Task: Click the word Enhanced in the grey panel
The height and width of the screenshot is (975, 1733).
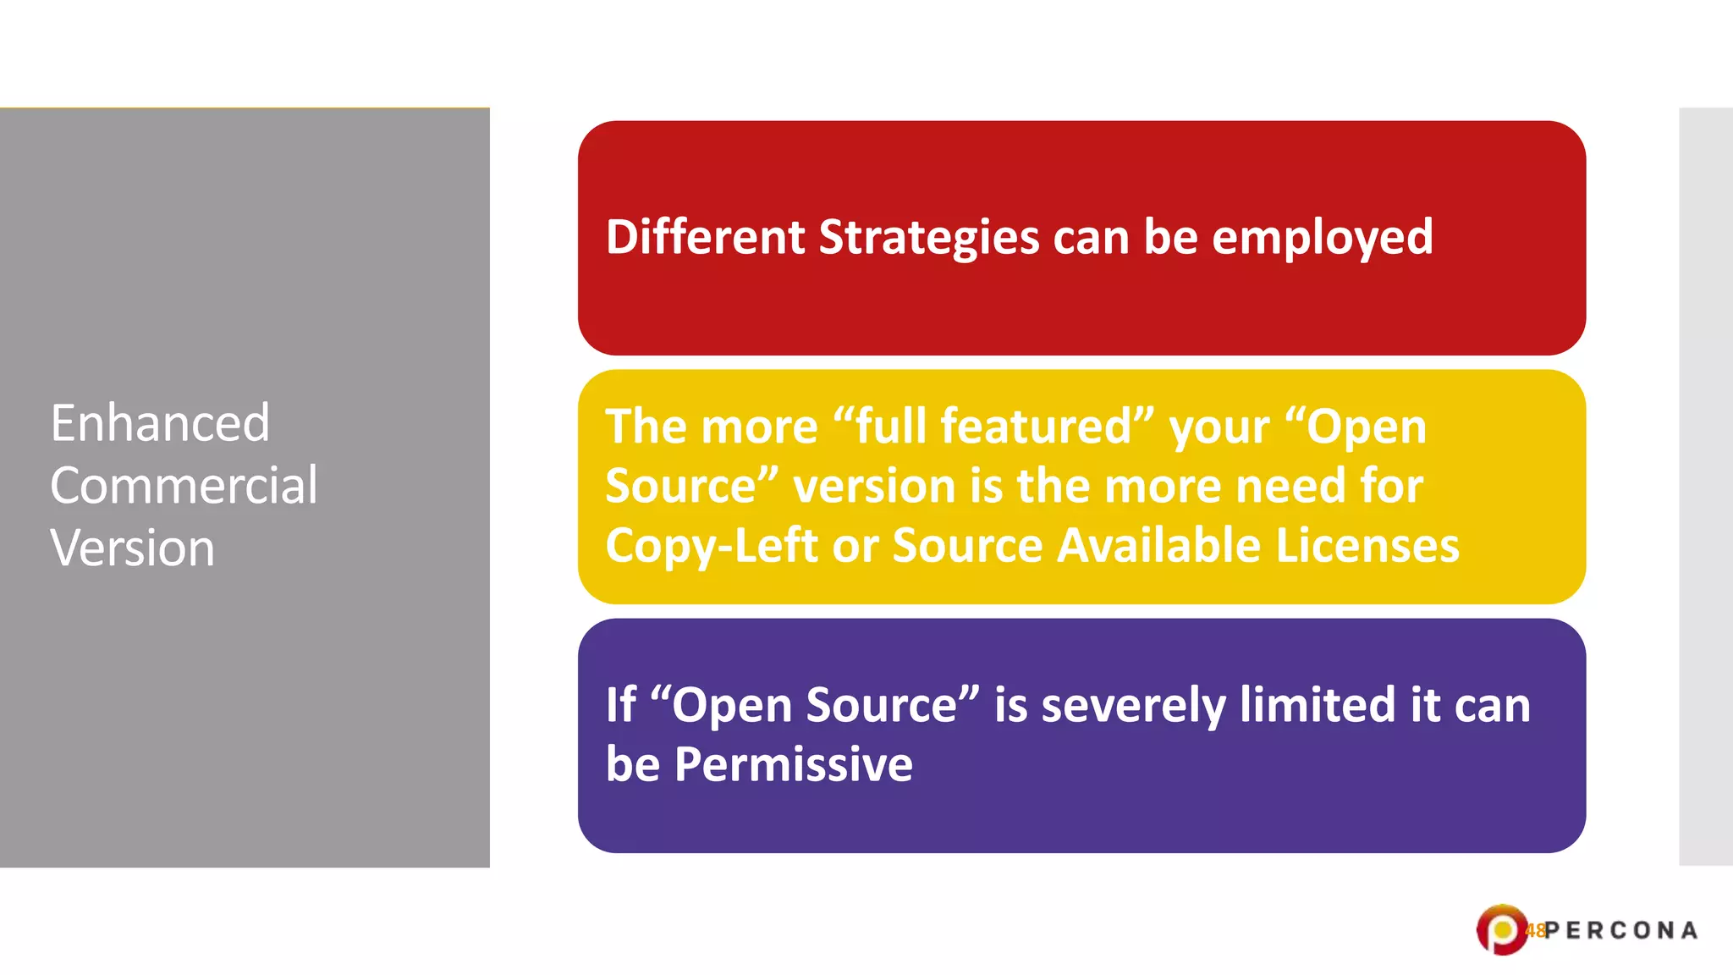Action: [160, 423]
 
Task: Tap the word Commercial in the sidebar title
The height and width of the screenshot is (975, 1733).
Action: [184, 486]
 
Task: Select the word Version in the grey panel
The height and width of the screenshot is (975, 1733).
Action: [132, 548]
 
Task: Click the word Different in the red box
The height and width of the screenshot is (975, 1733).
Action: [704, 237]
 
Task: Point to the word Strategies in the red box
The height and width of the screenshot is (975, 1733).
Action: [928, 238]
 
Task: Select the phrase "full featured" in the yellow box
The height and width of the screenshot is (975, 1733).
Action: [993, 426]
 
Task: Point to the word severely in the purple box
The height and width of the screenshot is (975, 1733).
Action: [1132, 706]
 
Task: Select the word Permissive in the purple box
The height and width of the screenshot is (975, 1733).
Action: [793, 765]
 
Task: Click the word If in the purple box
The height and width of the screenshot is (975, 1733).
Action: [620, 705]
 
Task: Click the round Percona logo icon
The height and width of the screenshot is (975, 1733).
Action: [1501, 930]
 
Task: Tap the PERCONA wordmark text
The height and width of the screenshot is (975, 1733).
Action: [1621, 931]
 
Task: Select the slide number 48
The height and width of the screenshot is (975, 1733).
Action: [1535, 931]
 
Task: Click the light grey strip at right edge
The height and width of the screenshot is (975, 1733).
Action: [1706, 487]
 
